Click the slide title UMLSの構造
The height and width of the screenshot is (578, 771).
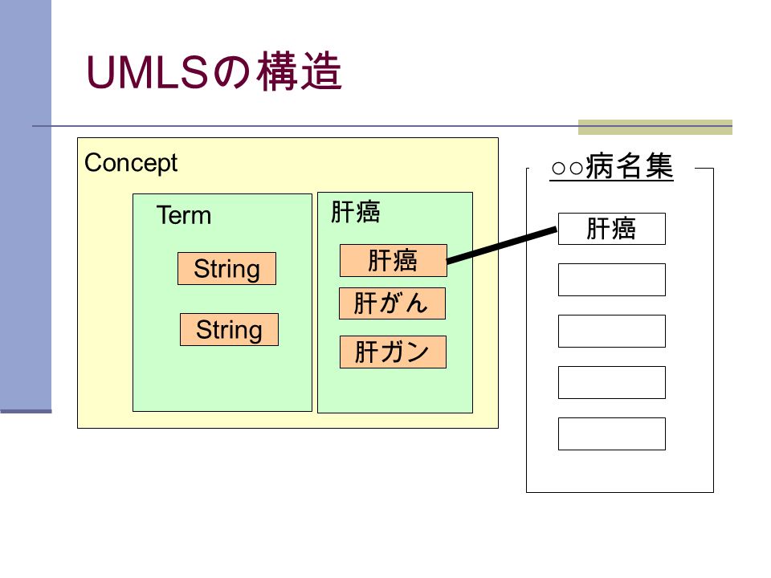tap(214, 71)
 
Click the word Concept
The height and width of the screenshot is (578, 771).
tap(131, 163)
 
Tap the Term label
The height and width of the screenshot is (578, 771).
tap(184, 215)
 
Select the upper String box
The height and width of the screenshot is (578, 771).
tap(226, 268)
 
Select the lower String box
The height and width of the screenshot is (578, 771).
tap(229, 329)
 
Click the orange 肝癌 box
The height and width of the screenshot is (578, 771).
tap(394, 260)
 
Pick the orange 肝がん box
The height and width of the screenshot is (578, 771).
tap(393, 303)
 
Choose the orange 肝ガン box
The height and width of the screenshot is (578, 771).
tap(393, 352)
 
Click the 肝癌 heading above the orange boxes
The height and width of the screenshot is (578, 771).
tap(356, 212)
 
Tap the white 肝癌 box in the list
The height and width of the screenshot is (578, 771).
tap(612, 229)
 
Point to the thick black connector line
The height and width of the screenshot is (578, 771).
tap(502, 245)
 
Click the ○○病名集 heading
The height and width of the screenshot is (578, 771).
tap(612, 166)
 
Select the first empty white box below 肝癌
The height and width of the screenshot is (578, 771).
tap(612, 279)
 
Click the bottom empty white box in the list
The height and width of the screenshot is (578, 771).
tap(612, 434)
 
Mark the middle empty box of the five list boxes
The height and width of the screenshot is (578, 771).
tap(612, 331)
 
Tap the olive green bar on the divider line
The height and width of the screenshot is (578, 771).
tap(655, 127)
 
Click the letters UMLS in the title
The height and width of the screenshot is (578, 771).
tap(148, 73)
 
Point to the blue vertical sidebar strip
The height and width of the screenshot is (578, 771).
tap(26, 206)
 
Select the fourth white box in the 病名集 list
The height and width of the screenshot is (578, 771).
tap(612, 382)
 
